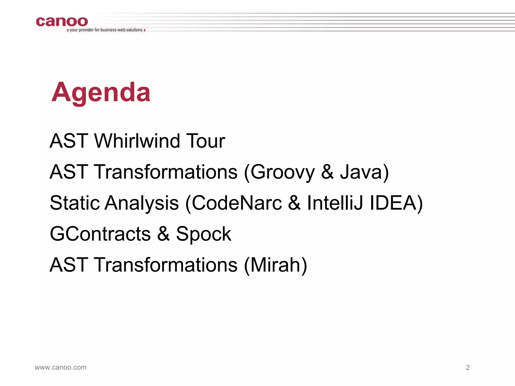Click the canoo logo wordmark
point(62,22)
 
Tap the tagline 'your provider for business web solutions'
point(106,30)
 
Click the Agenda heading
point(101,92)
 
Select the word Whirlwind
point(137,141)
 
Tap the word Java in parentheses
point(361,172)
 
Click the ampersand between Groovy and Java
point(327,172)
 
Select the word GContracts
point(100,234)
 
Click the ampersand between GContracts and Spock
point(163,234)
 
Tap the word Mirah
point(275,265)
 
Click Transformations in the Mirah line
point(166,265)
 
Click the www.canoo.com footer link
point(61,367)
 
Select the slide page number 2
point(468,367)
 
